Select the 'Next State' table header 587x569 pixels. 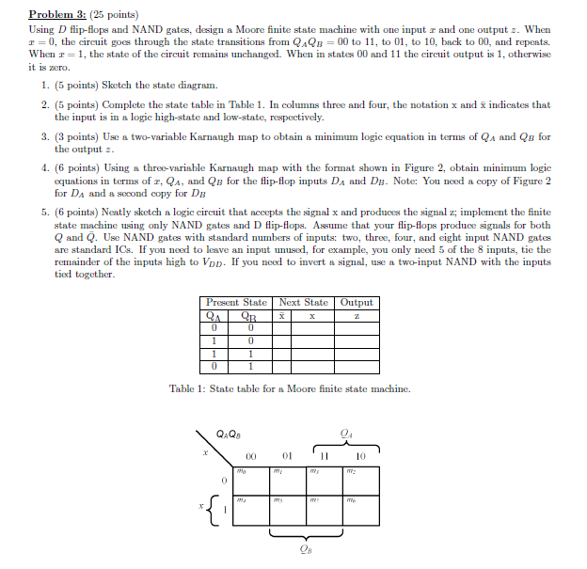coord(303,302)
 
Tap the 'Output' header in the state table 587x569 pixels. coord(357,302)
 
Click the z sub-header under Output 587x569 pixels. coord(357,316)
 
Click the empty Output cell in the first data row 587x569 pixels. coord(357,328)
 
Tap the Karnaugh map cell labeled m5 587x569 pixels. coord(289,514)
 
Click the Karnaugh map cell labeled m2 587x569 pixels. coord(361,482)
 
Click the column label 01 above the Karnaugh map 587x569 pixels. coord(289,455)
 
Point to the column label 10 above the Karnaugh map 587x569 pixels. coord(361,455)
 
